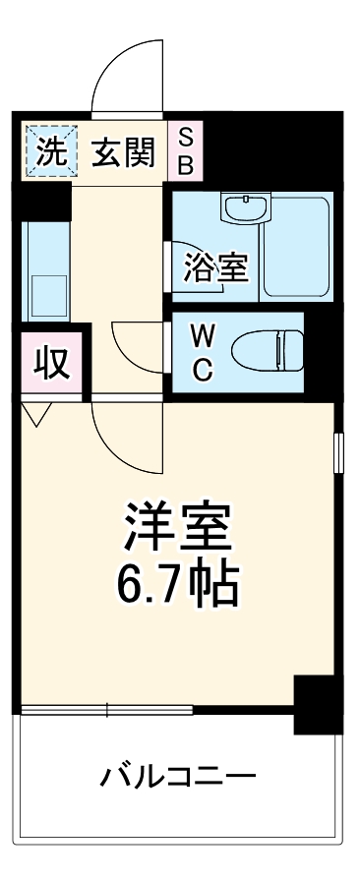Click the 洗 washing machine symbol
click(x=47, y=152)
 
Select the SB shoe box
click(x=185, y=151)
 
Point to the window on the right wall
click(x=337, y=453)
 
